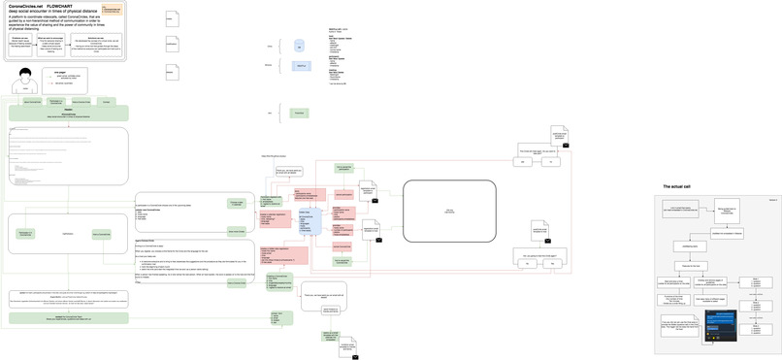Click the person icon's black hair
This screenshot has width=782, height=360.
click(x=28, y=75)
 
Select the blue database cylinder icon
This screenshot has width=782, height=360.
click(x=300, y=46)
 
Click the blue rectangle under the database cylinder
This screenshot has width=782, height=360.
click(x=300, y=65)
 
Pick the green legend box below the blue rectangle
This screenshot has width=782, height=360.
click(x=300, y=114)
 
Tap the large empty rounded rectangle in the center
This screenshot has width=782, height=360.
click(x=449, y=210)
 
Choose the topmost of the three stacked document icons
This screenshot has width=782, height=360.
click(x=171, y=20)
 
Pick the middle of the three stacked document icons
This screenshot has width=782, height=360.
click(x=172, y=45)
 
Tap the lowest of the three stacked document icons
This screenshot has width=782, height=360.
click(x=171, y=71)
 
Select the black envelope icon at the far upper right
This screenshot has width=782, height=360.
click(x=579, y=145)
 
